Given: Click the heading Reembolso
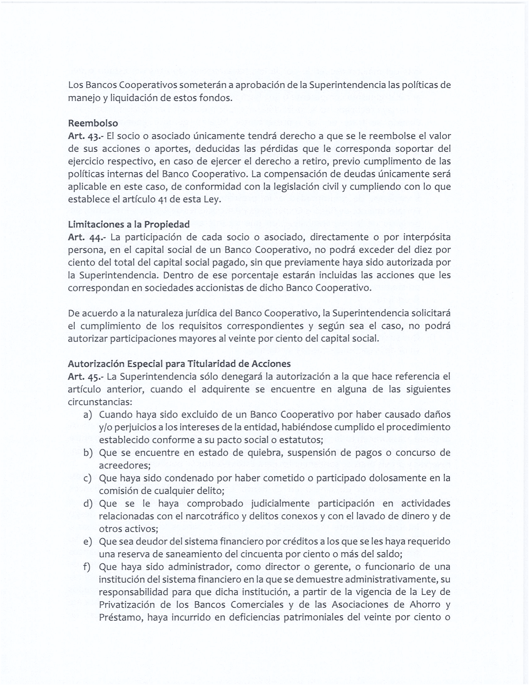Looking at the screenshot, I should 93,123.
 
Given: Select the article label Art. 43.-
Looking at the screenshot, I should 86,136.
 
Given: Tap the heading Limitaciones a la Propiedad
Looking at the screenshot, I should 129,224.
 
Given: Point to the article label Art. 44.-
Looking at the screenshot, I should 87,238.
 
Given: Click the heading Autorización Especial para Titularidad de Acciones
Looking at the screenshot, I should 179,363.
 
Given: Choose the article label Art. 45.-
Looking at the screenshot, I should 86,377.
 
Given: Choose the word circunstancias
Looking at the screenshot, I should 100,402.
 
